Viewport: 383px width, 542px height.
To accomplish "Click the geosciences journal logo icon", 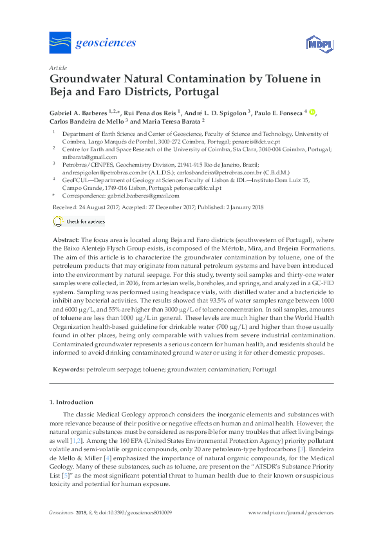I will pos(61,44).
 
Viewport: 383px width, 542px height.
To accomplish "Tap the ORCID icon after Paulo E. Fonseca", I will pos(312,112).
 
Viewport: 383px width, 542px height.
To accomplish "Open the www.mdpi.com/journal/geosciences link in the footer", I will pos(291,513).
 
